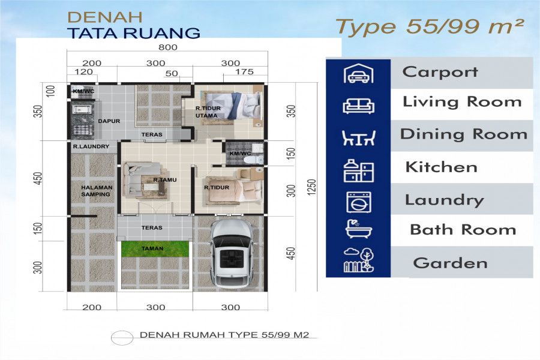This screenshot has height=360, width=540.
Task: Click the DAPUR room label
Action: point(109,121)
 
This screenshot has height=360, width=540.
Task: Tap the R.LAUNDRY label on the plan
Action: point(91,146)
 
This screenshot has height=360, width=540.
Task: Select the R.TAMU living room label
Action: point(164,180)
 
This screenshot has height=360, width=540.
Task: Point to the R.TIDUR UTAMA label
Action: point(208,112)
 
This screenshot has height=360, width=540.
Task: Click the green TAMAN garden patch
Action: point(155,249)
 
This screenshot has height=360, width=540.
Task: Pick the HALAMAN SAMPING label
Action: point(97,191)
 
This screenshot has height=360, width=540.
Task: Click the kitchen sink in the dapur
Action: point(82,110)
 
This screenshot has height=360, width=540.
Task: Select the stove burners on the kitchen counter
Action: point(82,131)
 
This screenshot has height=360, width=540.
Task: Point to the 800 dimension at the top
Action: point(168,47)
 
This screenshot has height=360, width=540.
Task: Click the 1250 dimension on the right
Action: point(311,187)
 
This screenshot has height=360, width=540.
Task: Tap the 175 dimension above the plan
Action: point(244,71)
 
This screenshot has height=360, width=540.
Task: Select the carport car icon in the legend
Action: point(359,73)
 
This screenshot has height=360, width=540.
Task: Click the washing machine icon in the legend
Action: point(359,202)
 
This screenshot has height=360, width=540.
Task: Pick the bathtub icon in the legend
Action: point(359,229)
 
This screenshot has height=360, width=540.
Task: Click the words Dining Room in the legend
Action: point(464,134)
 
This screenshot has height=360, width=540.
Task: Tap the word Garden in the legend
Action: point(450,263)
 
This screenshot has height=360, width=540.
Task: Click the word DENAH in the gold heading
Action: point(104,17)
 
